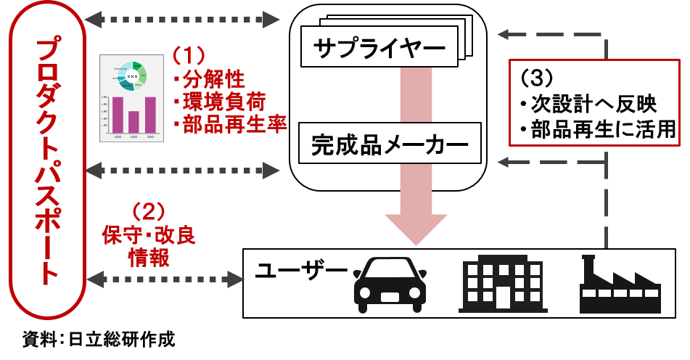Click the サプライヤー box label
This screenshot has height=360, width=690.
coord(379,49)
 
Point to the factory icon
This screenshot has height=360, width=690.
coord(620,284)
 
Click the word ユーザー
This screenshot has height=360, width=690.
coord(301,271)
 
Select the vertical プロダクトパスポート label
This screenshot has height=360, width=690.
coord(47,161)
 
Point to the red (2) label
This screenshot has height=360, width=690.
coord(149,211)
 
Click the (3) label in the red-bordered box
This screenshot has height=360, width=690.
coord(538,77)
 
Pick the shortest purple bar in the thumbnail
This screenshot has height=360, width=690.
coord(134,122)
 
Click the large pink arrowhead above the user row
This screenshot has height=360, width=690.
coord(416,229)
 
